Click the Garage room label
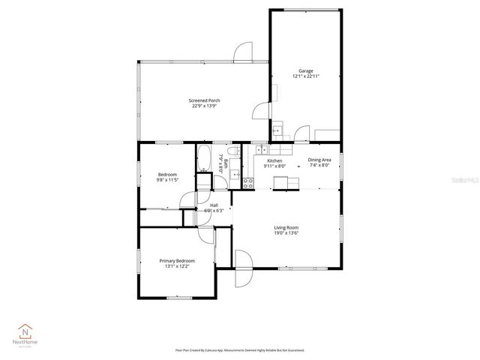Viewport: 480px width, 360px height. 305,70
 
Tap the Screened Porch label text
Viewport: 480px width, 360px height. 204,100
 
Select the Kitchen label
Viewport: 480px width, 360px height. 275,160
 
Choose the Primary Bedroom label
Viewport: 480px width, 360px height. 176,261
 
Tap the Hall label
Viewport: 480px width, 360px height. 214,205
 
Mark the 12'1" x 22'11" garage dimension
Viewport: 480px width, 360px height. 305,76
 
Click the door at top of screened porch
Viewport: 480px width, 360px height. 242,52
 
